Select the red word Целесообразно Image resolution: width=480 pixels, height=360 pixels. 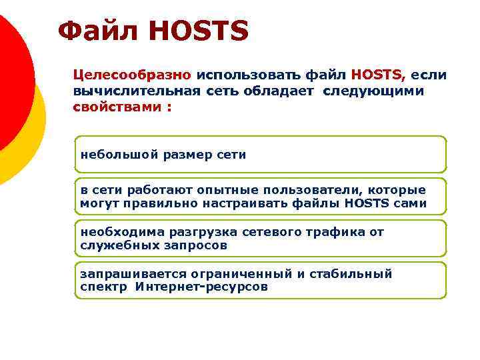[x=132, y=75]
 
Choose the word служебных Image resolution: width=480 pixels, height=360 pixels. [x=119, y=245]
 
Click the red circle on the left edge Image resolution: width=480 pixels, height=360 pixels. [x=10, y=80]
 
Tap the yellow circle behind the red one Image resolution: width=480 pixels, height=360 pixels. [x=33, y=143]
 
